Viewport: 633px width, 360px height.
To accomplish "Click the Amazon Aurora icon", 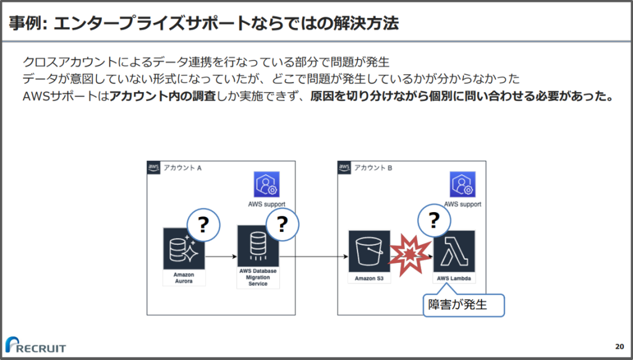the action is pos(184,249).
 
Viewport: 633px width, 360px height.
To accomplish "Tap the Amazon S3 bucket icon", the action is pos(369,251).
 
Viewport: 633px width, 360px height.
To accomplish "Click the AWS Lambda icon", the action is pos(454,251).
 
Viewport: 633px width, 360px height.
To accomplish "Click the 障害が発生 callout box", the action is pos(464,305).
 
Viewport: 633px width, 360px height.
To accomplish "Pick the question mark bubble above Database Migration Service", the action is pos(283,224).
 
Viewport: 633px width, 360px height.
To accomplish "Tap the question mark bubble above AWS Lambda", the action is pos(434,220).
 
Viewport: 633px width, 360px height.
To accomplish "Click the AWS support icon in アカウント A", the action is pos(266,184).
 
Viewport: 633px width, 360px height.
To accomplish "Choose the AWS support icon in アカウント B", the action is pos(462,184).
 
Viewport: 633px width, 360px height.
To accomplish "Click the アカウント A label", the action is pos(183,168).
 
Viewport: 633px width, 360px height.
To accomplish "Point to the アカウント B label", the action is pos(373,168).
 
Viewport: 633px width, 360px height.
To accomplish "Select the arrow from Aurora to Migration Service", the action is pos(221,255).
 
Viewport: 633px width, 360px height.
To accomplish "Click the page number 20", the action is pos(619,346).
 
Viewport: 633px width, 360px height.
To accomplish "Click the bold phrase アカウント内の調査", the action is pos(163,97).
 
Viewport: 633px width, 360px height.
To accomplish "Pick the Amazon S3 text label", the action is pos(369,278).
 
